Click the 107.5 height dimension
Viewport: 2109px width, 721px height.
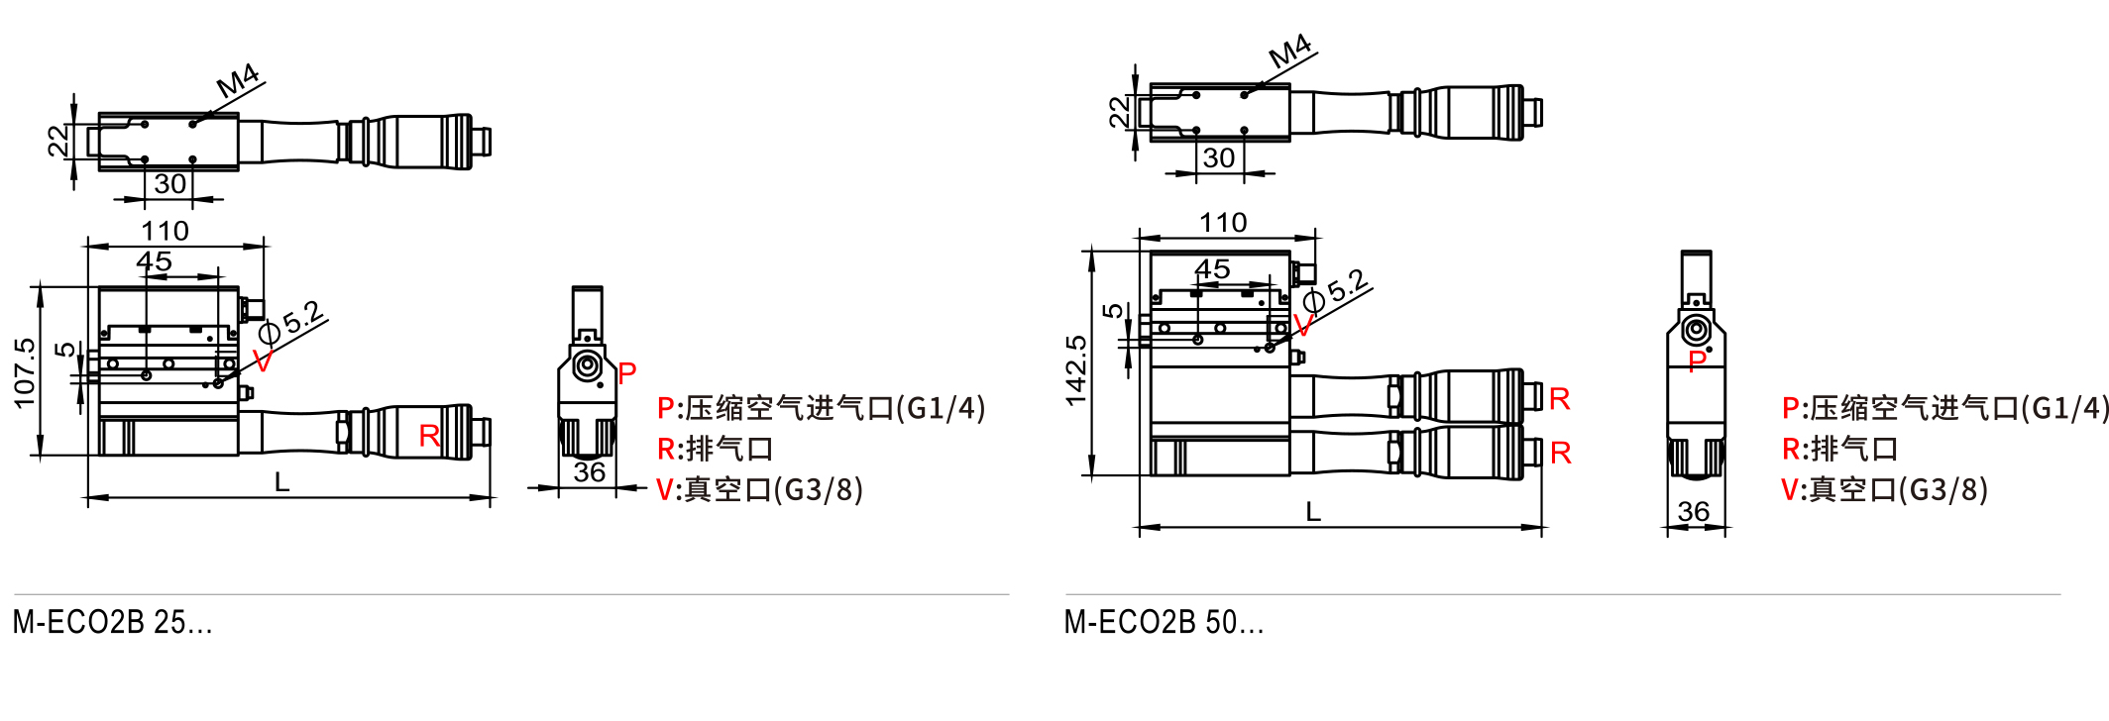tap(25, 372)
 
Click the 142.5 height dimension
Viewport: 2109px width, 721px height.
tap(1076, 370)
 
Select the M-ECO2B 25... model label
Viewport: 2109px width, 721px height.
tap(113, 622)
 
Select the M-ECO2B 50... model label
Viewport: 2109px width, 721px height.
tap(1164, 622)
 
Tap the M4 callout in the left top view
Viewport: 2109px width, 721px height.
tap(238, 80)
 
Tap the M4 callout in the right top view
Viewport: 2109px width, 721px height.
tap(1290, 51)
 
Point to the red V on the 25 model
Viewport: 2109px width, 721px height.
tap(263, 361)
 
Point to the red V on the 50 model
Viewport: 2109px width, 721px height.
tap(1303, 326)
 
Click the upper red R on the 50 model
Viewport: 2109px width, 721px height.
tap(1559, 399)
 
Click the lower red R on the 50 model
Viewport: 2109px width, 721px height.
tap(1560, 454)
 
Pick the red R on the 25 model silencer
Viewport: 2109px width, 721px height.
tap(429, 436)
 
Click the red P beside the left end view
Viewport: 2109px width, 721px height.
tap(626, 373)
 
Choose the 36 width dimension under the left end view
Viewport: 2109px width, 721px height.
tap(589, 472)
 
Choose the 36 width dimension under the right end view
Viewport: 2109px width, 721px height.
tap(1693, 511)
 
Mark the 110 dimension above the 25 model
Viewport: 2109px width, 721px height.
tap(165, 231)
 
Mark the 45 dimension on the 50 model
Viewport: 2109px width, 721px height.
tap(1211, 268)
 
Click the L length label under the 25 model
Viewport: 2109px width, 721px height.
tap(282, 482)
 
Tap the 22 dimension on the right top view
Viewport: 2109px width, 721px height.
tap(1120, 111)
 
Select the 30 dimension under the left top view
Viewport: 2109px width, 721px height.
tap(170, 184)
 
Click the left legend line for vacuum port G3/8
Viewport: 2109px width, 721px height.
tap(759, 489)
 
